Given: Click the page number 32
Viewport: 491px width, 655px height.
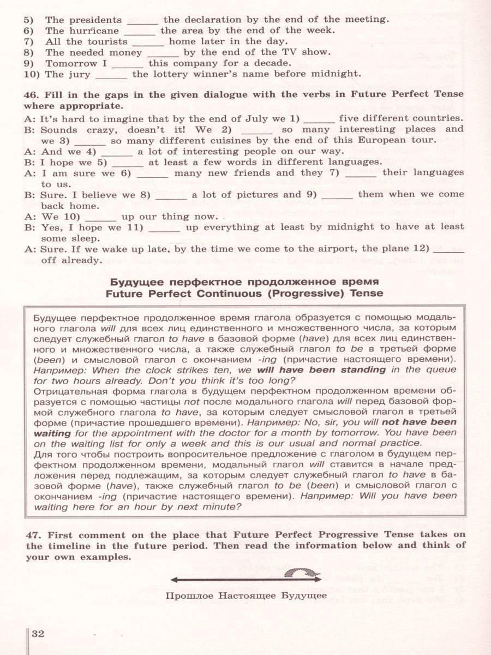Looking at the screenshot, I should pyautogui.click(x=38, y=634).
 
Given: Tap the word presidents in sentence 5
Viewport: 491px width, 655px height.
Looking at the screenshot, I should pyautogui.click(x=95, y=20).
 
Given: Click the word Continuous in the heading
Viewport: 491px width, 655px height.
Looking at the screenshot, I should pyautogui.click(x=224, y=294).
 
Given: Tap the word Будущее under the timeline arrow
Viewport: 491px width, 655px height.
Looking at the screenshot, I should pyautogui.click(x=302, y=596).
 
